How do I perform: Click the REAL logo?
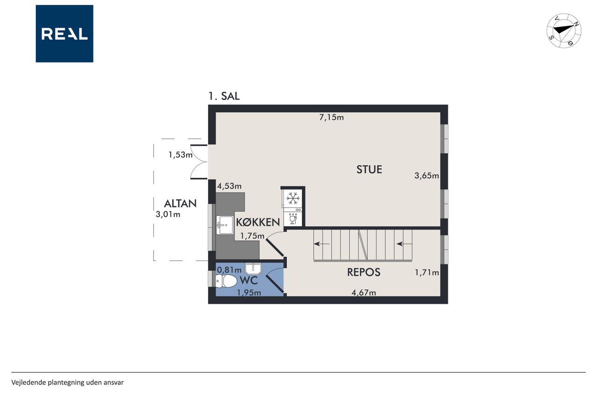coord(64,34)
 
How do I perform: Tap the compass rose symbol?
coord(563,31)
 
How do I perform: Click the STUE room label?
coord(369,169)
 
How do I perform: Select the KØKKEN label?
coord(258,222)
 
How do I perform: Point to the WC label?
coord(249,280)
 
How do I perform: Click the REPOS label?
coord(364,272)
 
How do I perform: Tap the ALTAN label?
coord(180,204)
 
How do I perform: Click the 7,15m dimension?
coord(331,117)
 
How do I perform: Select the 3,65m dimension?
coord(427,175)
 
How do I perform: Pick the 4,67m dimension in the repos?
coord(364,292)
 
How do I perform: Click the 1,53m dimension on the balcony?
coord(180,155)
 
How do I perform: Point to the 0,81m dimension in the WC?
coord(229,270)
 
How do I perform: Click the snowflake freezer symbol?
coord(293,198)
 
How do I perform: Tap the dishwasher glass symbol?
coord(293,220)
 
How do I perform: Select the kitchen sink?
coord(224,225)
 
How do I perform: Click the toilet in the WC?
coord(226,281)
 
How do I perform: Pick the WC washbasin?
coord(253,269)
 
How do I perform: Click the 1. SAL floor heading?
coord(224,96)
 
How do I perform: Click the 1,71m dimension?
coord(427,273)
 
